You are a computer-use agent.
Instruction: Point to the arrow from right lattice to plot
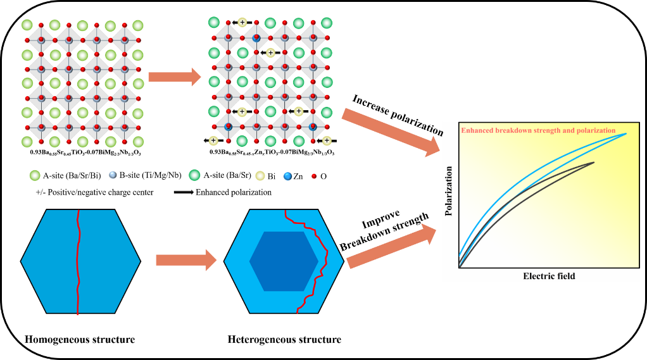[x=389, y=132]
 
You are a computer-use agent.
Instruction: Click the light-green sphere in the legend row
[x=35, y=175]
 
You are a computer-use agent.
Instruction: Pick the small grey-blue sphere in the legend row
[x=113, y=175]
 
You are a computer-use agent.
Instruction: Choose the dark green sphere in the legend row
[x=194, y=175]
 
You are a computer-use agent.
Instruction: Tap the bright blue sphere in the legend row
[x=287, y=177]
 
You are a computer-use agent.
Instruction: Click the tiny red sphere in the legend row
[x=313, y=177]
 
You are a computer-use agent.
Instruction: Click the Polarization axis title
[x=449, y=191]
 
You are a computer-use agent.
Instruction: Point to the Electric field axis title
[x=549, y=276]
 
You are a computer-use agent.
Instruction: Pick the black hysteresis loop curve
[x=538, y=196]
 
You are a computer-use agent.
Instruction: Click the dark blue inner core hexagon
[x=284, y=261]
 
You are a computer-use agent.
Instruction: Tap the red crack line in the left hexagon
[x=78, y=266]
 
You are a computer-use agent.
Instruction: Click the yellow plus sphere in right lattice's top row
[x=242, y=23]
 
